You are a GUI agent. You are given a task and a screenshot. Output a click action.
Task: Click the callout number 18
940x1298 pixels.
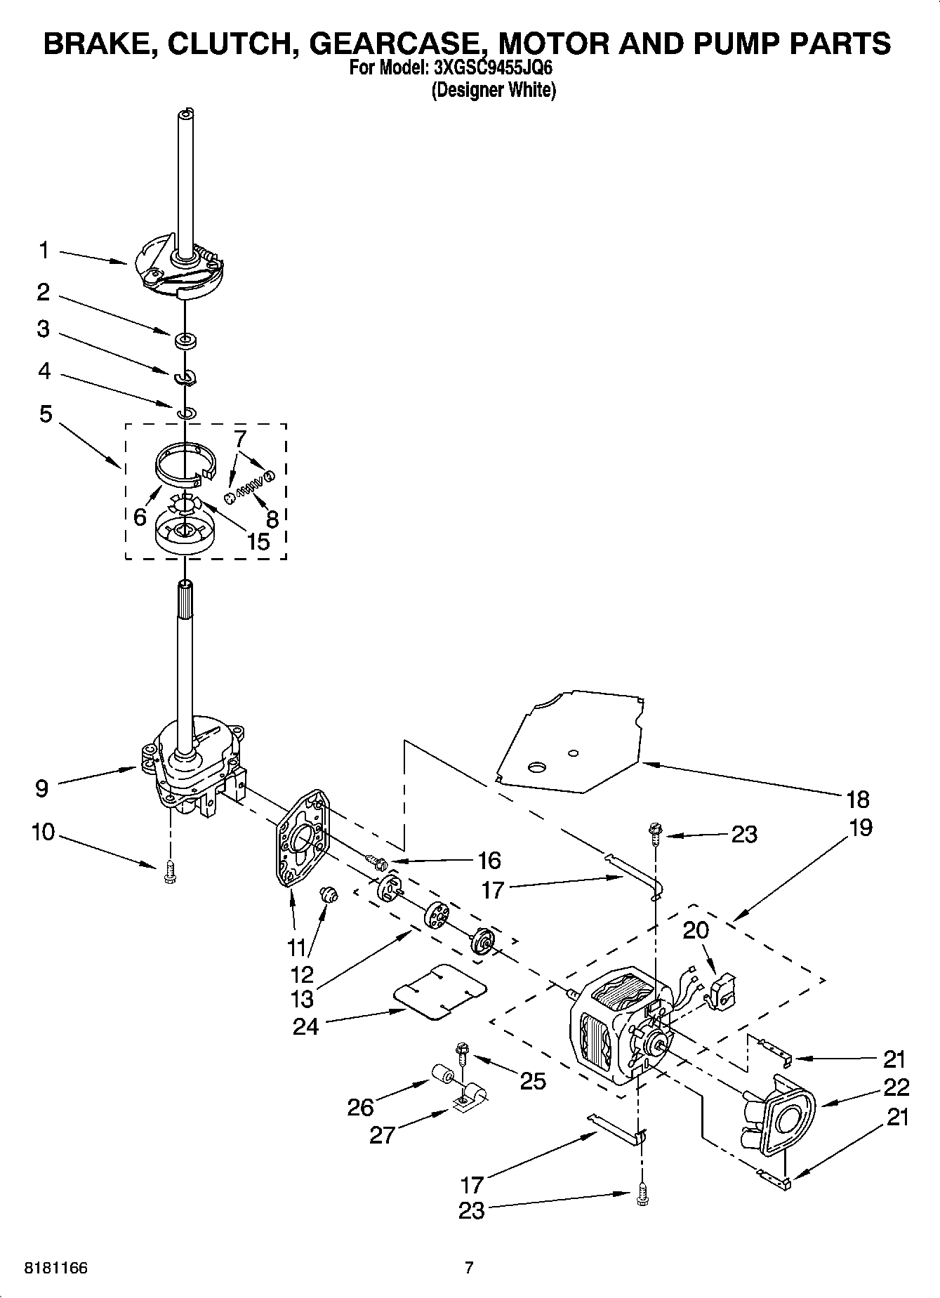tap(858, 799)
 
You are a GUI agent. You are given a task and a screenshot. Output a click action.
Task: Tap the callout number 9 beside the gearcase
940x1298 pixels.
tap(42, 788)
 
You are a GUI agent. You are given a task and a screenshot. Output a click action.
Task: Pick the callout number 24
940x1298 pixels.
tap(305, 1026)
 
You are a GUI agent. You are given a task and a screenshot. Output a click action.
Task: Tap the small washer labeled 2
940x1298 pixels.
tap(186, 342)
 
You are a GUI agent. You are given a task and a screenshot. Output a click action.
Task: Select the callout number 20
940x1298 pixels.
tap(696, 931)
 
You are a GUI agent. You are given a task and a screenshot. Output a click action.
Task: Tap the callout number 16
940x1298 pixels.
tap(489, 860)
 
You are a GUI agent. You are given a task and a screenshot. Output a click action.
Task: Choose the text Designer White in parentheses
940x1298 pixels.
tap(494, 90)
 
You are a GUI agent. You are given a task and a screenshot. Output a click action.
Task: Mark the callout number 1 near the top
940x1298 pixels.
tap(44, 250)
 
